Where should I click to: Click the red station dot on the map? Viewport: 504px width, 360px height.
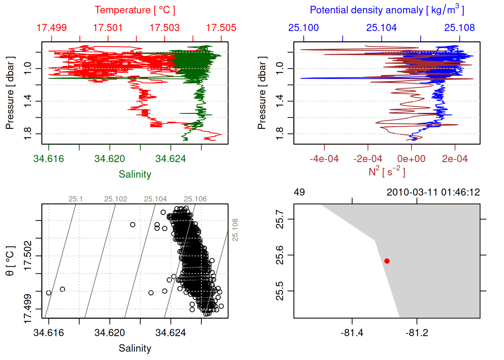(x=387, y=261)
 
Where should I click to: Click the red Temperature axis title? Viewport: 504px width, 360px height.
(x=135, y=10)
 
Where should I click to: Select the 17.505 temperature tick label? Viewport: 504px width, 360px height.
(x=221, y=28)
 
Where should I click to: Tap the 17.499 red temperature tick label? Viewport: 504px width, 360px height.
(x=52, y=28)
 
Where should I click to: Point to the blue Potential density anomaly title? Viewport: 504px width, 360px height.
(x=387, y=10)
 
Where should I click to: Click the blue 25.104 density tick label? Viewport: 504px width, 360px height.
(x=381, y=28)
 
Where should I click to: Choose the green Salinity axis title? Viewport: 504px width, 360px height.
(x=135, y=174)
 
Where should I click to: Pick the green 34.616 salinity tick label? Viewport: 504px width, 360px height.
(x=49, y=159)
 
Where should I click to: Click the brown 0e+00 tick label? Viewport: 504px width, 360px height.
(x=411, y=159)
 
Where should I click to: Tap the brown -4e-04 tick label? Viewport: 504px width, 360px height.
(x=324, y=159)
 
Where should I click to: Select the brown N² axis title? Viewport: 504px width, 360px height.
(x=387, y=172)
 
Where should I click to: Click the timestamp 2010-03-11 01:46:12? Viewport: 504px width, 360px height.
(x=433, y=192)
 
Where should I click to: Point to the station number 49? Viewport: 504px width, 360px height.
(x=299, y=192)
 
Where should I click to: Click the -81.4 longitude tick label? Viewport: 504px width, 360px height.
(x=352, y=333)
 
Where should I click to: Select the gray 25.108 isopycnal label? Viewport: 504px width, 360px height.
(x=235, y=229)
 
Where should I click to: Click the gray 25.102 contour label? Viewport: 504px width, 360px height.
(x=115, y=199)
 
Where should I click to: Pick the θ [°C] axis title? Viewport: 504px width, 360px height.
(x=10, y=261)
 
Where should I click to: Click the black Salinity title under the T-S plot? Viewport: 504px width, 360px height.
(x=135, y=348)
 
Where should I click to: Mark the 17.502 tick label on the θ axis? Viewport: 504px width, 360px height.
(x=28, y=256)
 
